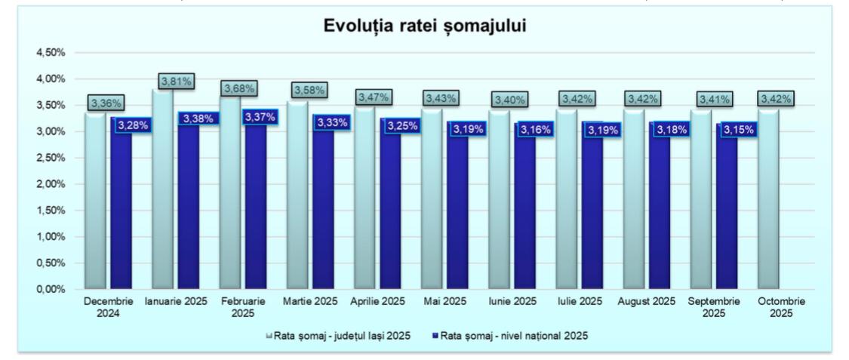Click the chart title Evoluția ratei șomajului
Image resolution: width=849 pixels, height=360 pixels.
coord(425,25)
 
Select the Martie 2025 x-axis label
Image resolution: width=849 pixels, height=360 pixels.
coord(311,301)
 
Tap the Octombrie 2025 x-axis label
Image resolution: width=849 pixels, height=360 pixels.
coord(781,306)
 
